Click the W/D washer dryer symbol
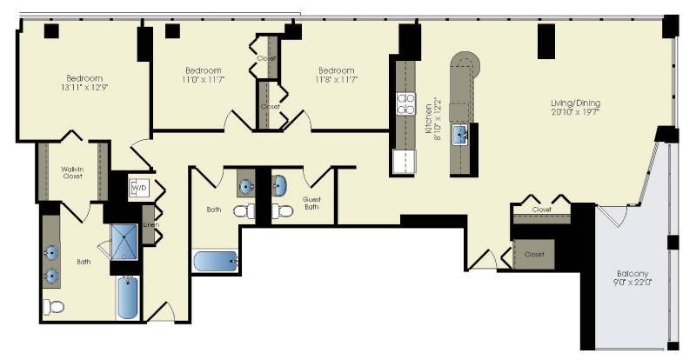pos(139,187)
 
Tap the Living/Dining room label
pos(575,103)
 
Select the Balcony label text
pos(632,273)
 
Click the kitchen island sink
pos(459,133)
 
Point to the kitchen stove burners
pos(405,104)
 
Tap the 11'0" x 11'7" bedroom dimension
pos(203,80)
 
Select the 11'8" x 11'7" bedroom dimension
pos(335,80)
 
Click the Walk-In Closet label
pos(71,172)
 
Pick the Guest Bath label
pos(311,203)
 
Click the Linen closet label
pos(151,224)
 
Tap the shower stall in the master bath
pos(124,242)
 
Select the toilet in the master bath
pos(54,306)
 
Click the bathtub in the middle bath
pos(214,261)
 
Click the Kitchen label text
pos(428,123)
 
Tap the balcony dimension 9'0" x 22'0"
pos(632,283)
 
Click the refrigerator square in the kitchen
pos(404,162)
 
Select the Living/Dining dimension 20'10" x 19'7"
pos(575,114)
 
